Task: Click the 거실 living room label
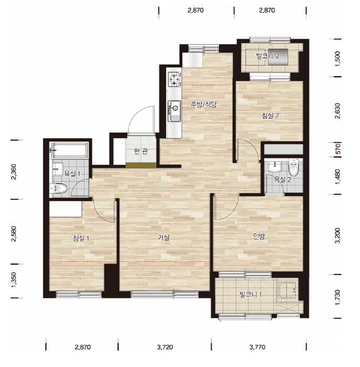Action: pyautogui.click(x=164, y=237)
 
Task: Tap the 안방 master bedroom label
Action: pyautogui.click(x=259, y=236)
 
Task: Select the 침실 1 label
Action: pyautogui.click(x=81, y=238)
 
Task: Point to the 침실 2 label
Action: pyautogui.click(x=270, y=116)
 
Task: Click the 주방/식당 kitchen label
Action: pyautogui.click(x=204, y=104)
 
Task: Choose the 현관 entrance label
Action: pyautogui.click(x=141, y=151)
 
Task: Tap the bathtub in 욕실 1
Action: pyautogui.click(x=69, y=150)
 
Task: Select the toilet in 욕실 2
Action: pyautogui.click(x=293, y=167)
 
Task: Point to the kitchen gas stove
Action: pyautogui.click(x=175, y=79)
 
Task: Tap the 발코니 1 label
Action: pyautogui.click(x=250, y=295)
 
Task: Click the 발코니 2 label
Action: pyautogui.click(x=268, y=56)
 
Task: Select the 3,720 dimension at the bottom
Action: pyautogui.click(x=165, y=347)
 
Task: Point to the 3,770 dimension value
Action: pyautogui.click(x=257, y=347)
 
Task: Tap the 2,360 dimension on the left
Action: pyautogui.click(x=14, y=172)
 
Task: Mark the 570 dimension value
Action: pyautogui.click(x=337, y=149)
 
